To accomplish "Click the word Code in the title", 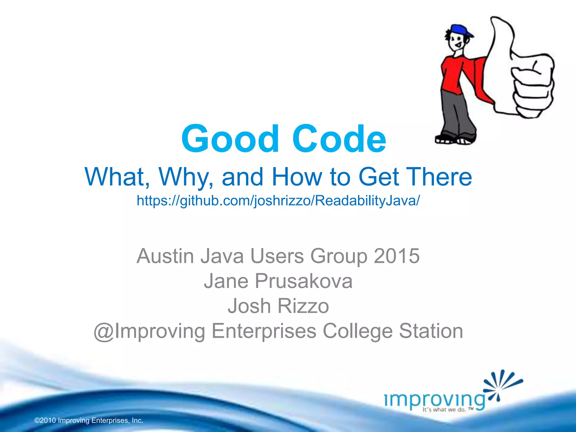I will click(x=339, y=139).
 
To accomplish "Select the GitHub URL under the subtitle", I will click(x=278, y=201).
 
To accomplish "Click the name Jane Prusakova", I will click(x=278, y=281).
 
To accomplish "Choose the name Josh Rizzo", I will click(x=278, y=306).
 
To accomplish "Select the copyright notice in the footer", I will click(x=89, y=420).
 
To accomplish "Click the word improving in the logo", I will click(x=435, y=399).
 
